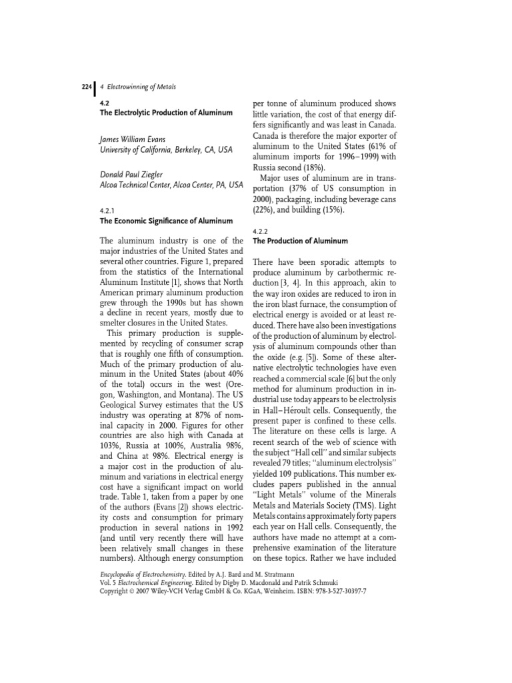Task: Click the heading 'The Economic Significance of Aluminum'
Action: click(x=165, y=220)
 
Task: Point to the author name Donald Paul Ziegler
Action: click(x=135, y=174)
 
